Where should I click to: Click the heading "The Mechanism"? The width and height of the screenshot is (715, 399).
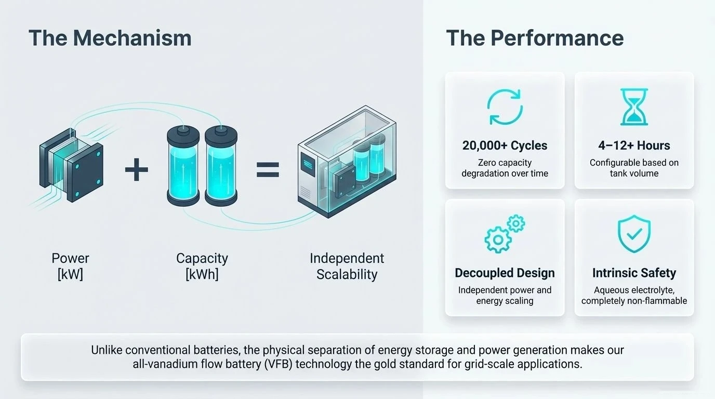[110, 38]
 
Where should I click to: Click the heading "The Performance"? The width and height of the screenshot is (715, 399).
[535, 38]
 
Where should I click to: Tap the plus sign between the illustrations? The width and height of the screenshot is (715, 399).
[137, 170]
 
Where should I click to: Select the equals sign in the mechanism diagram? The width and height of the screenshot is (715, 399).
[268, 170]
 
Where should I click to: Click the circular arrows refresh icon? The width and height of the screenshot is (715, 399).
[505, 108]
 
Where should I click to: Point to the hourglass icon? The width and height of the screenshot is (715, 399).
[634, 107]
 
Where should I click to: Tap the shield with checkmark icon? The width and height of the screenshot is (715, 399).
[634, 234]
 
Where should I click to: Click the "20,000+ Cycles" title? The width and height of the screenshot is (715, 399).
[505, 145]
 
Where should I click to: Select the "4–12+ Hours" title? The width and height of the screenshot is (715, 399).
[634, 145]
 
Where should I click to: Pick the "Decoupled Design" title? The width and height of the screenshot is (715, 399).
[505, 273]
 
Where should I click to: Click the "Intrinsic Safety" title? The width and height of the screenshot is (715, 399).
[634, 273]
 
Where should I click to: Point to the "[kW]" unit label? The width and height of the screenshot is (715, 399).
[70, 274]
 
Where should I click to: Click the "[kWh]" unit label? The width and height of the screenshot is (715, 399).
[202, 274]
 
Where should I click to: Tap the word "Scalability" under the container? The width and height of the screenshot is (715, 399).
[347, 274]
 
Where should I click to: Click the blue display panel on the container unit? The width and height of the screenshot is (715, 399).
[307, 162]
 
